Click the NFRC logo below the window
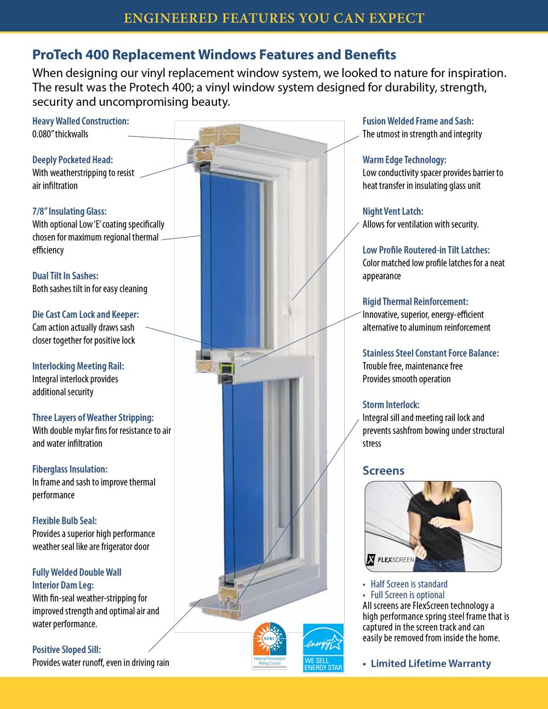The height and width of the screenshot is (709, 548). [x=270, y=645]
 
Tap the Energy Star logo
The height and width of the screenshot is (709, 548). [x=323, y=647]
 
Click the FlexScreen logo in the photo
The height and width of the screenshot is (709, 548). [x=390, y=559]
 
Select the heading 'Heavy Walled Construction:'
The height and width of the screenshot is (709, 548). [x=81, y=121]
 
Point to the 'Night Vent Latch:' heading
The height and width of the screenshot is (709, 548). [x=393, y=211]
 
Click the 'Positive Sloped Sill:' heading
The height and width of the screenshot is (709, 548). [x=66, y=650]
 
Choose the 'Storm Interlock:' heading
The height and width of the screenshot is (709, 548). [x=391, y=405]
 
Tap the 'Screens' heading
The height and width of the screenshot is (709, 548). [x=384, y=471]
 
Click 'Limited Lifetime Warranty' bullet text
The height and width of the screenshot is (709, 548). [x=431, y=664]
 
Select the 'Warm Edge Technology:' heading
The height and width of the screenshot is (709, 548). [x=404, y=160]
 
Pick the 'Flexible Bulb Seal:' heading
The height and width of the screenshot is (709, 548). [x=64, y=521]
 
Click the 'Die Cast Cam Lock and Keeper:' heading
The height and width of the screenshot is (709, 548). [x=85, y=315]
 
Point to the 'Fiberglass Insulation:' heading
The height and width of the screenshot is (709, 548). [x=70, y=470]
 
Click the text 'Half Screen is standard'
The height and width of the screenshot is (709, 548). [x=409, y=584]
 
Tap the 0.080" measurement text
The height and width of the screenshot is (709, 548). [x=43, y=134]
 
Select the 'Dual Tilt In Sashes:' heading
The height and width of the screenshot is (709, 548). [x=65, y=276]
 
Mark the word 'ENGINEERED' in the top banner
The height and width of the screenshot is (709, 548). [x=170, y=18]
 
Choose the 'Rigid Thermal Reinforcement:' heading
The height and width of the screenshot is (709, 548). [x=415, y=302]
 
